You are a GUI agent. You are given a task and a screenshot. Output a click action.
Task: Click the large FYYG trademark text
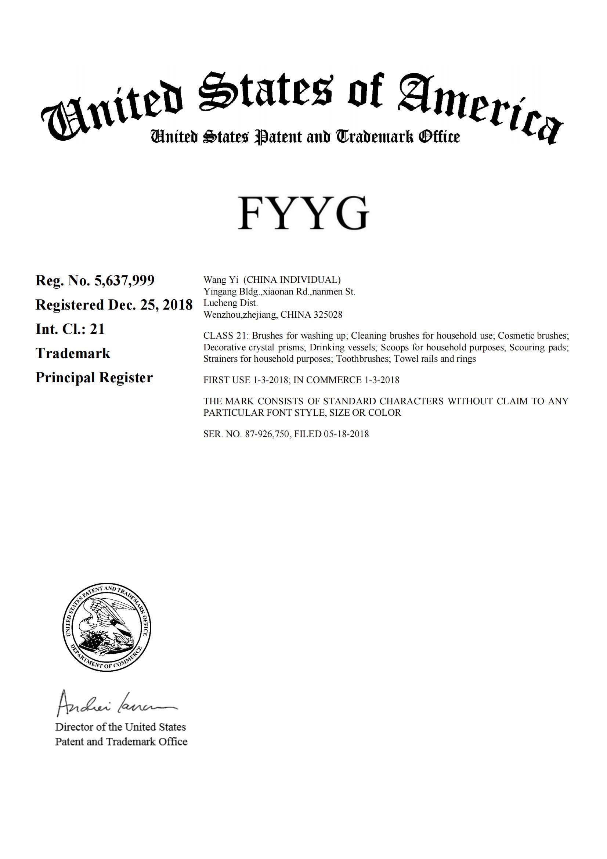[303, 213]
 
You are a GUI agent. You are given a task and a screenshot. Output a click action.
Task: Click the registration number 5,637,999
[124, 281]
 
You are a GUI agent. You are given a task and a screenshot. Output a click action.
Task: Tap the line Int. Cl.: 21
[70, 329]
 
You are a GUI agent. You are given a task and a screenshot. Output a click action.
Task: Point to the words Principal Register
[94, 378]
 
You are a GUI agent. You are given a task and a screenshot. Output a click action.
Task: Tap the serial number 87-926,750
[268, 434]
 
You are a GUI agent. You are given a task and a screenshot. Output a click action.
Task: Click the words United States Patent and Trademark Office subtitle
[305, 137]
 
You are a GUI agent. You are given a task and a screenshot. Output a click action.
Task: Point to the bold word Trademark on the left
[73, 354]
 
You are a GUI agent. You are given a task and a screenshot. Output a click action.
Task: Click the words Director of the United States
[120, 727]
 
